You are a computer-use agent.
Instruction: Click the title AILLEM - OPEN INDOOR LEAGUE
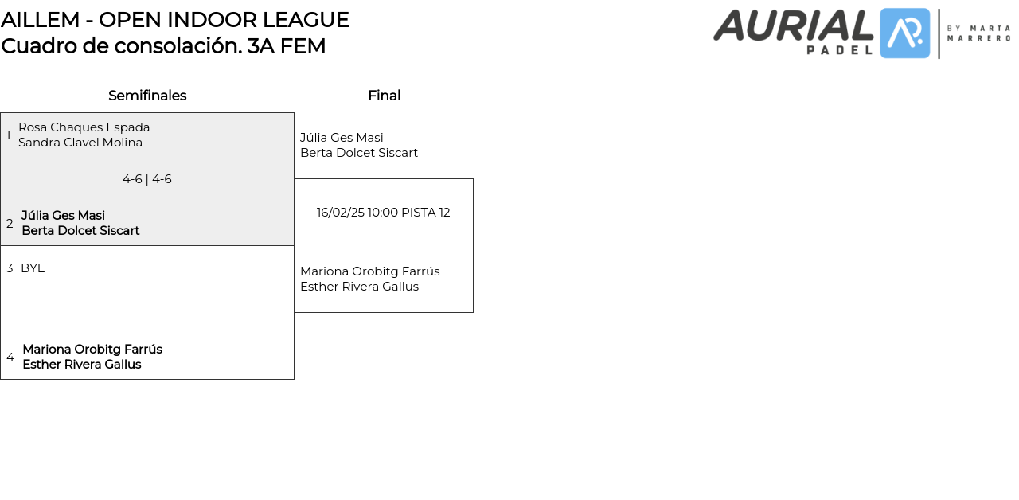pyautogui.click(x=175, y=20)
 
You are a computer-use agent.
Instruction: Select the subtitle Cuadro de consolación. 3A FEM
pyautogui.click(x=163, y=46)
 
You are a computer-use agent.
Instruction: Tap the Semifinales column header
pyautogui.click(x=147, y=96)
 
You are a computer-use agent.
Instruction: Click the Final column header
pyautogui.click(x=384, y=96)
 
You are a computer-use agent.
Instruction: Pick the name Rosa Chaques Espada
pyautogui.click(x=84, y=127)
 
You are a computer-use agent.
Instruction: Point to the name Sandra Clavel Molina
pyautogui.click(x=80, y=143)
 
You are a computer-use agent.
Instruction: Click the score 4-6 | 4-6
pyautogui.click(x=147, y=179)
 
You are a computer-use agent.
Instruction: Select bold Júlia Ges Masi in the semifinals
pyautogui.click(x=63, y=216)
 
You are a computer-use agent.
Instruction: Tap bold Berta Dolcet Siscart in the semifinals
pyautogui.click(x=80, y=231)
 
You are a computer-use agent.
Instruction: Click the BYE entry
pyautogui.click(x=33, y=268)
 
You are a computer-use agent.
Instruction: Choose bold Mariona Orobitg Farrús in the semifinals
pyautogui.click(x=92, y=350)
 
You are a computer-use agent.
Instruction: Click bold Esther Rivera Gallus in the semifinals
pyautogui.click(x=82, y=365)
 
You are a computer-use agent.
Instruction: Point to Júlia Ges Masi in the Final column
pyautogui.click(x=342, y=138)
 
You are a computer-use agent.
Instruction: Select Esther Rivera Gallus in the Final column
pyautogui.click(x=359, y=287)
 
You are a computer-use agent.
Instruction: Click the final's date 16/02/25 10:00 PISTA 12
pyautogui.click(x=383, y=213)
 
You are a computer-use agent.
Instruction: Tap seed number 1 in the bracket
pyautogui.click(x=9, y=135)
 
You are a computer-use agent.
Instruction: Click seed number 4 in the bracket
pyautogui.click(x=10, y=357)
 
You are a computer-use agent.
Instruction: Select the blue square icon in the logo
pyautogui.click(x=905, y=33)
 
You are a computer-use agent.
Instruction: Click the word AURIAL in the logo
pyautogui.click(x=794, y=25)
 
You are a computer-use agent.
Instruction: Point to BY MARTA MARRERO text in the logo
pyautogui.click(x=978, y=33)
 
